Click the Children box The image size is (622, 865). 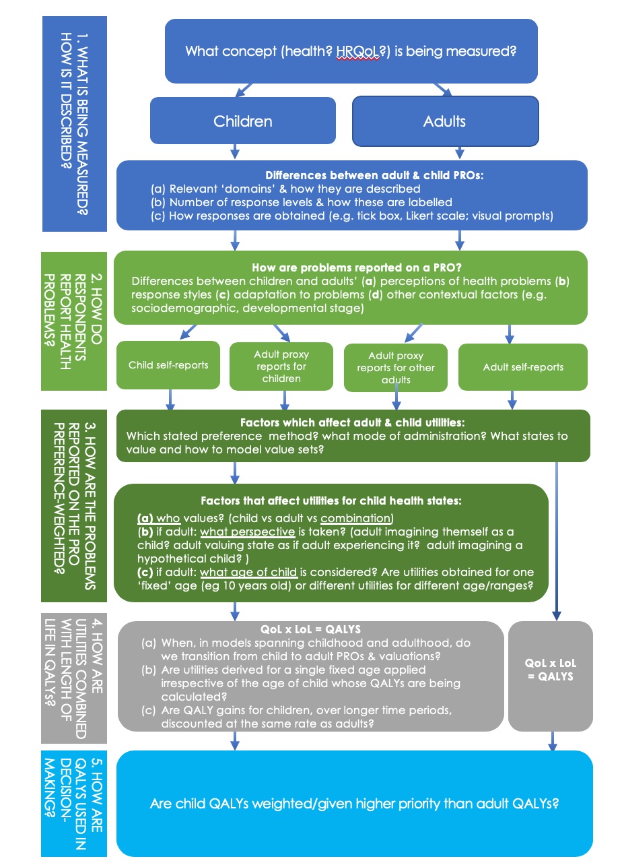pyautogui.click(x=243, y=121)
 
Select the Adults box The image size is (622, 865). pyautogui.click(x=445, y=121)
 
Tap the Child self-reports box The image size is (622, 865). pyautogui.click(x=168, y=365)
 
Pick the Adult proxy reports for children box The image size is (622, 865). pyautogui.click(x=281, y=366)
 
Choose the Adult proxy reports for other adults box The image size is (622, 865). pyautogui.click(x=396, y=368)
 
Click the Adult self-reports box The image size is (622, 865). pyautogui.click(x=523, y=367)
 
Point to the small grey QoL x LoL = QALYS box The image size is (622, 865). pyautogui.click(x=551, y=676)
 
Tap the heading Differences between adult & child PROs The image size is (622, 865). pyautogui.click(x=374, y=175)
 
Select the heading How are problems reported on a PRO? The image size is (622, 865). pyautogui.click(x=357, y=267)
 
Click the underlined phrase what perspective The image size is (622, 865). pyautogui.click(x=247, y=532)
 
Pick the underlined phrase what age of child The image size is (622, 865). pyautogui.click(x=248, y=572)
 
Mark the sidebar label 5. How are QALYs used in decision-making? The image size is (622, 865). pyautogui.click(x=73, y=804)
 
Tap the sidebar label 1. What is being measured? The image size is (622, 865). pyautogui.click(x=82, y=123)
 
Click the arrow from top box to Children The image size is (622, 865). pyautogui.click(x=244, y=90)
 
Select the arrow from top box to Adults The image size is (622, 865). pyautogui.click(x=442, y=90)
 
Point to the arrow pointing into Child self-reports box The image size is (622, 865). pyautogui.click(x=188, y=332)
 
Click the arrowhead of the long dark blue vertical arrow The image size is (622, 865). pyautogui.click(x=557, y=615)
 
